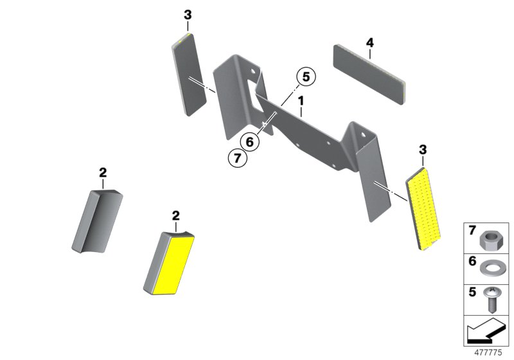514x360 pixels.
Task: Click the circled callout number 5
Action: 306,76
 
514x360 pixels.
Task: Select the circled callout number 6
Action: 249,142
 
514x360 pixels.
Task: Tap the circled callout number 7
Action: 237,158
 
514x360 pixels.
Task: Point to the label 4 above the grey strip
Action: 369,42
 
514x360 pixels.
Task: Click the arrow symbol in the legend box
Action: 486,331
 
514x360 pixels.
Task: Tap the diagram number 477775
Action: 488,352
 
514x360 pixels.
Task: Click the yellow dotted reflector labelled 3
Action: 423,209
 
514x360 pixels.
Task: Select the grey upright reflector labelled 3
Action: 189,74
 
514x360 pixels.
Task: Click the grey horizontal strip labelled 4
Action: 369,75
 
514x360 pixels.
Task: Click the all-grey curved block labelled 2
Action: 97,221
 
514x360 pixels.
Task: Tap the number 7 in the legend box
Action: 472,231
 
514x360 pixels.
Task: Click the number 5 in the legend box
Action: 472,292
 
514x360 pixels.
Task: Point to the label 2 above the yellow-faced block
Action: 176,216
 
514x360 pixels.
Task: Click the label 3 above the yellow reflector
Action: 423,150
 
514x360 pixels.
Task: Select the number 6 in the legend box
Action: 472,261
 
